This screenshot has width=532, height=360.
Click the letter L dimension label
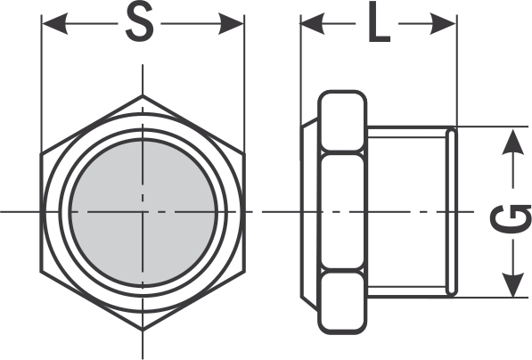[x=379, y=22]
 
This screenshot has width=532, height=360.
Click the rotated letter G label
[x=512, y=219]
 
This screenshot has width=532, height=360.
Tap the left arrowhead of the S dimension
[x=54, y=24]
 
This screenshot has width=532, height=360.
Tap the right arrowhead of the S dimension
[x=231, y=24]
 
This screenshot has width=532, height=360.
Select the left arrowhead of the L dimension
[x=313, y=24]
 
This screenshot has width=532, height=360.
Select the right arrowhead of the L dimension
[x=442, y=24]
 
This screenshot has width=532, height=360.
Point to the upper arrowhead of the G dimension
[x=512, y=142]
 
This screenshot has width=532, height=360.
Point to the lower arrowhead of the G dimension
[x=512, y=284]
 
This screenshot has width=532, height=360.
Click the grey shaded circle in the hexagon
[x=143, y=212]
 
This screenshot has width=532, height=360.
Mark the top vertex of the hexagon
[x=143, y=95]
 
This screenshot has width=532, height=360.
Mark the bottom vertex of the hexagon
[x=143, y=330]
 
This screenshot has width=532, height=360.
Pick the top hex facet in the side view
[x=342, y=121]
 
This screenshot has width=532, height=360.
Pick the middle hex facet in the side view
[x=342, y=212]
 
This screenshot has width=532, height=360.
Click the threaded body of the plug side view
[x=407, y=212]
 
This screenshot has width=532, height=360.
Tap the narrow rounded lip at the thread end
[x=452, y=212]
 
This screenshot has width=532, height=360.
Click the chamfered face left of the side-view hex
[x=309, y=213]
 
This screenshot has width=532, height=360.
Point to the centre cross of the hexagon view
[x=143, y=212]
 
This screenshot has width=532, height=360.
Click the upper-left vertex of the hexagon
[x=41, y=153]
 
